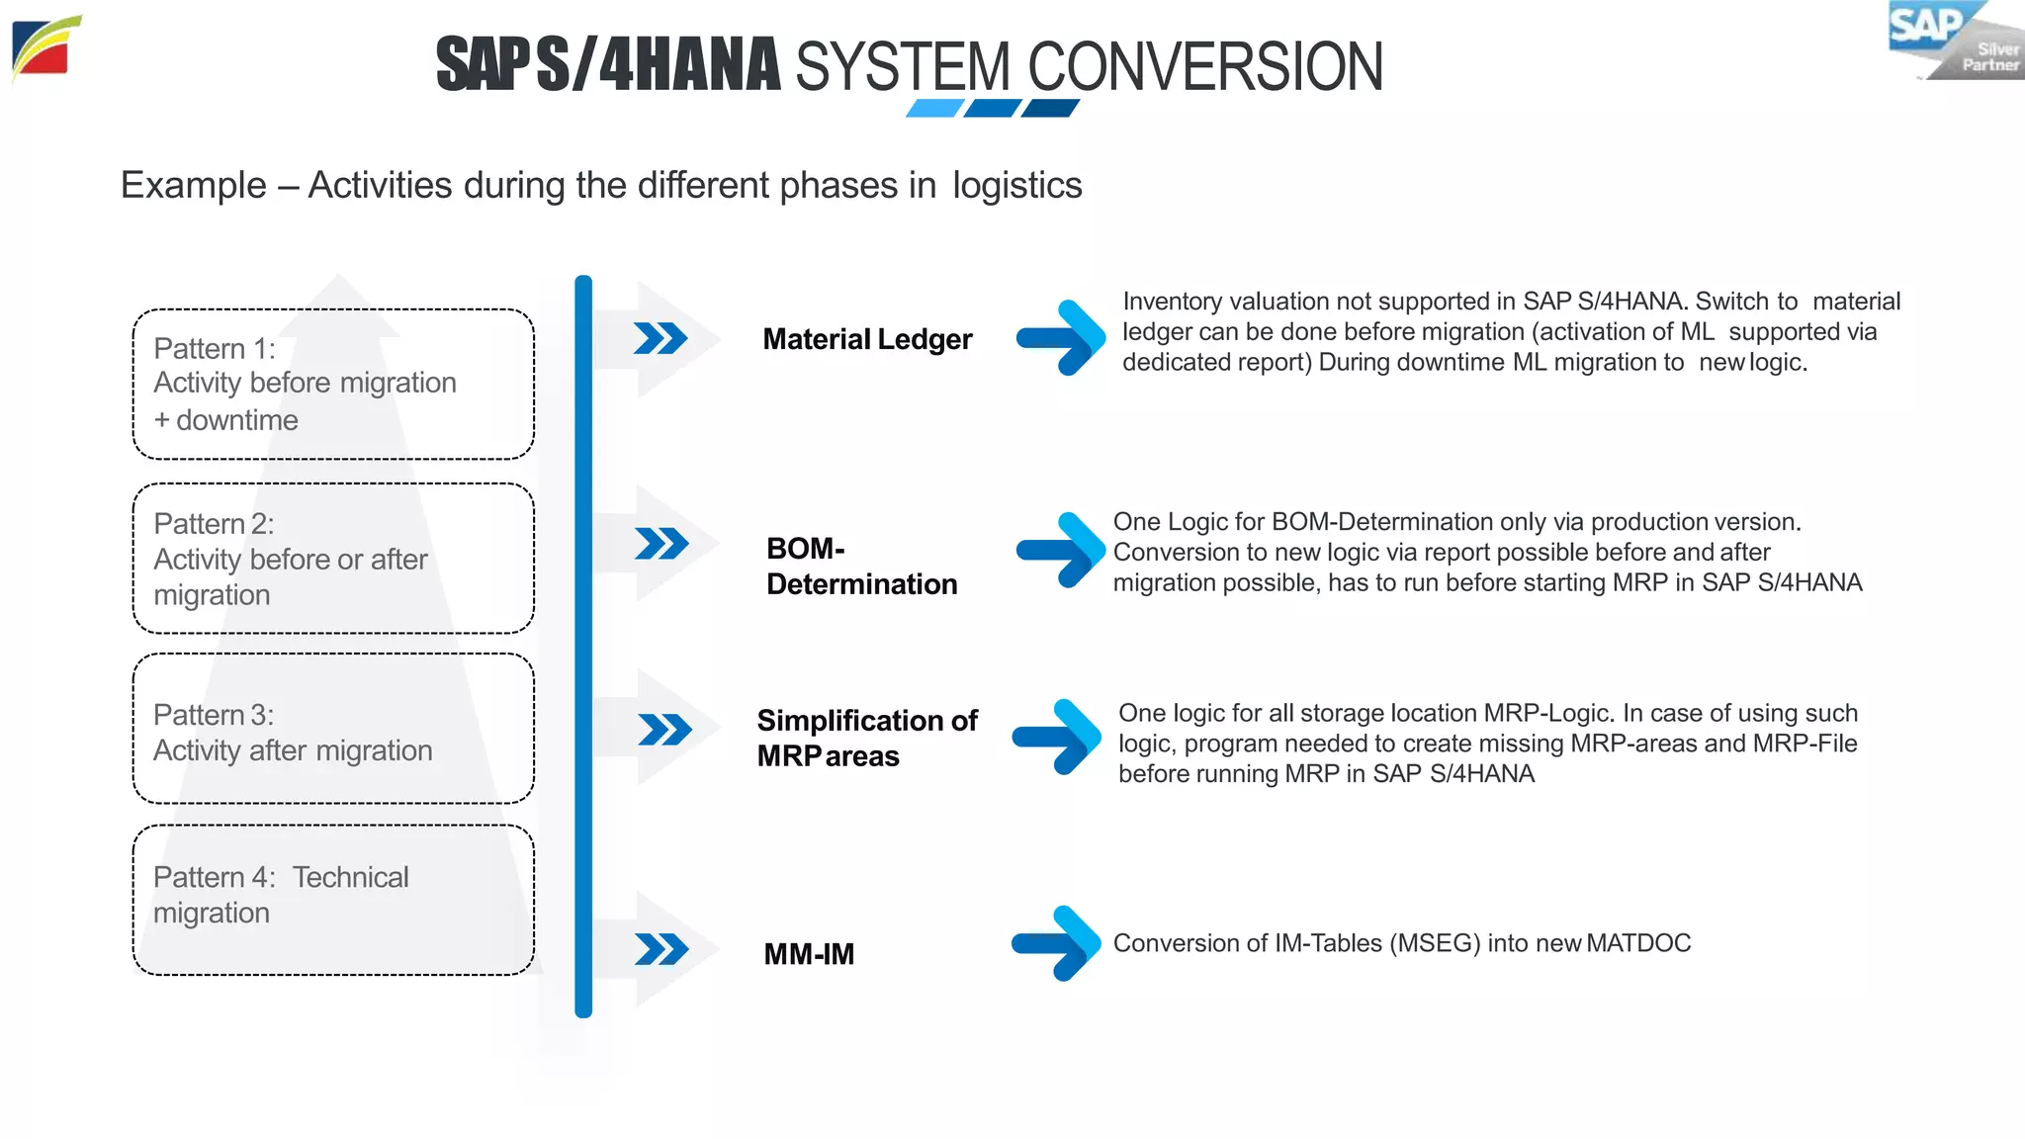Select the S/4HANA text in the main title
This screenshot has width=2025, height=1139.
(659, 65)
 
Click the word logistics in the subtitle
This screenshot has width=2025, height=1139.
(1016, 186)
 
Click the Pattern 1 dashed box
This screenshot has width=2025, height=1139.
(333, 384)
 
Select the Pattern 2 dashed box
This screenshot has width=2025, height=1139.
(333, 559)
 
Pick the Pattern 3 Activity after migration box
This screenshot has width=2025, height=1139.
(333, 730)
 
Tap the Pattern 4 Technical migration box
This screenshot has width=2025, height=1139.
(333, 900)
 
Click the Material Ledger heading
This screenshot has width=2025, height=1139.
(867, 339)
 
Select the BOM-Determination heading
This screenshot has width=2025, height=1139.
(861, 566)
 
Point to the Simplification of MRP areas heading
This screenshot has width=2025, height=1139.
(866, 738)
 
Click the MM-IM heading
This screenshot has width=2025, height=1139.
(809, 954)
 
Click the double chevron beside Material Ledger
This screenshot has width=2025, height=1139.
(660, 338)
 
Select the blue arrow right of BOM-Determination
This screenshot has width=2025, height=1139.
(1060, 550)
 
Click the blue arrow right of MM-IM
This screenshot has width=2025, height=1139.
(1056, 942)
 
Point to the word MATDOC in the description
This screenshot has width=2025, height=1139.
(1638, 943)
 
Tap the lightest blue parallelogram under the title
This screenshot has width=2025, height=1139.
(934, 108)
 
